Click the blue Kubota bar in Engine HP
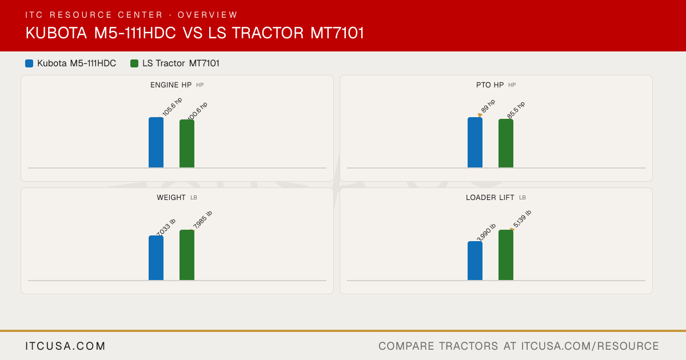pyautogui.click(x=156, y=142)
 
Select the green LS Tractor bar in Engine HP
pyautogui.click(x=187, y=143)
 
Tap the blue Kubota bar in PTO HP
pyautogui.click(x=475, y=142)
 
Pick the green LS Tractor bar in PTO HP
pyautogui.click(x=506, y=143)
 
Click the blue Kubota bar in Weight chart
pyautogui.click(x=156, y=258)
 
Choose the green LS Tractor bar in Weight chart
pyautogui.click(x=187, y=255)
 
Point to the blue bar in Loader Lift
pyautogui.click(x=475, y=261)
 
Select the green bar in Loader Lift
pyautogui.click(x=506, y=255)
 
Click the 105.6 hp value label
pyautogui.click(x=172, y=106)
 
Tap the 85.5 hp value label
pyautogui.click(x=516, y=110)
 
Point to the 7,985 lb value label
pyautogui.click(x=202, y=219)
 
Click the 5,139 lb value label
pyautogui.click(x=522, y=219)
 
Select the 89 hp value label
pyautogui.click(x=488, y=106)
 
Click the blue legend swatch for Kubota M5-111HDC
pyautogui.click(x=29, y=63)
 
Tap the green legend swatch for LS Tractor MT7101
pyautogui.click(x=134, y=63)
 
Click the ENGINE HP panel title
pyautogui.click(x=171, y=85)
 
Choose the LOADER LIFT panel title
pyautogui.click(x=490, y=198)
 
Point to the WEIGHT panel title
pyautogui.click(x=171, y=198)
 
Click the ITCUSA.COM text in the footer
pyautogui.click(x=65, y=346)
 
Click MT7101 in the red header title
pyautogui.click(x=337, y=33)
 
